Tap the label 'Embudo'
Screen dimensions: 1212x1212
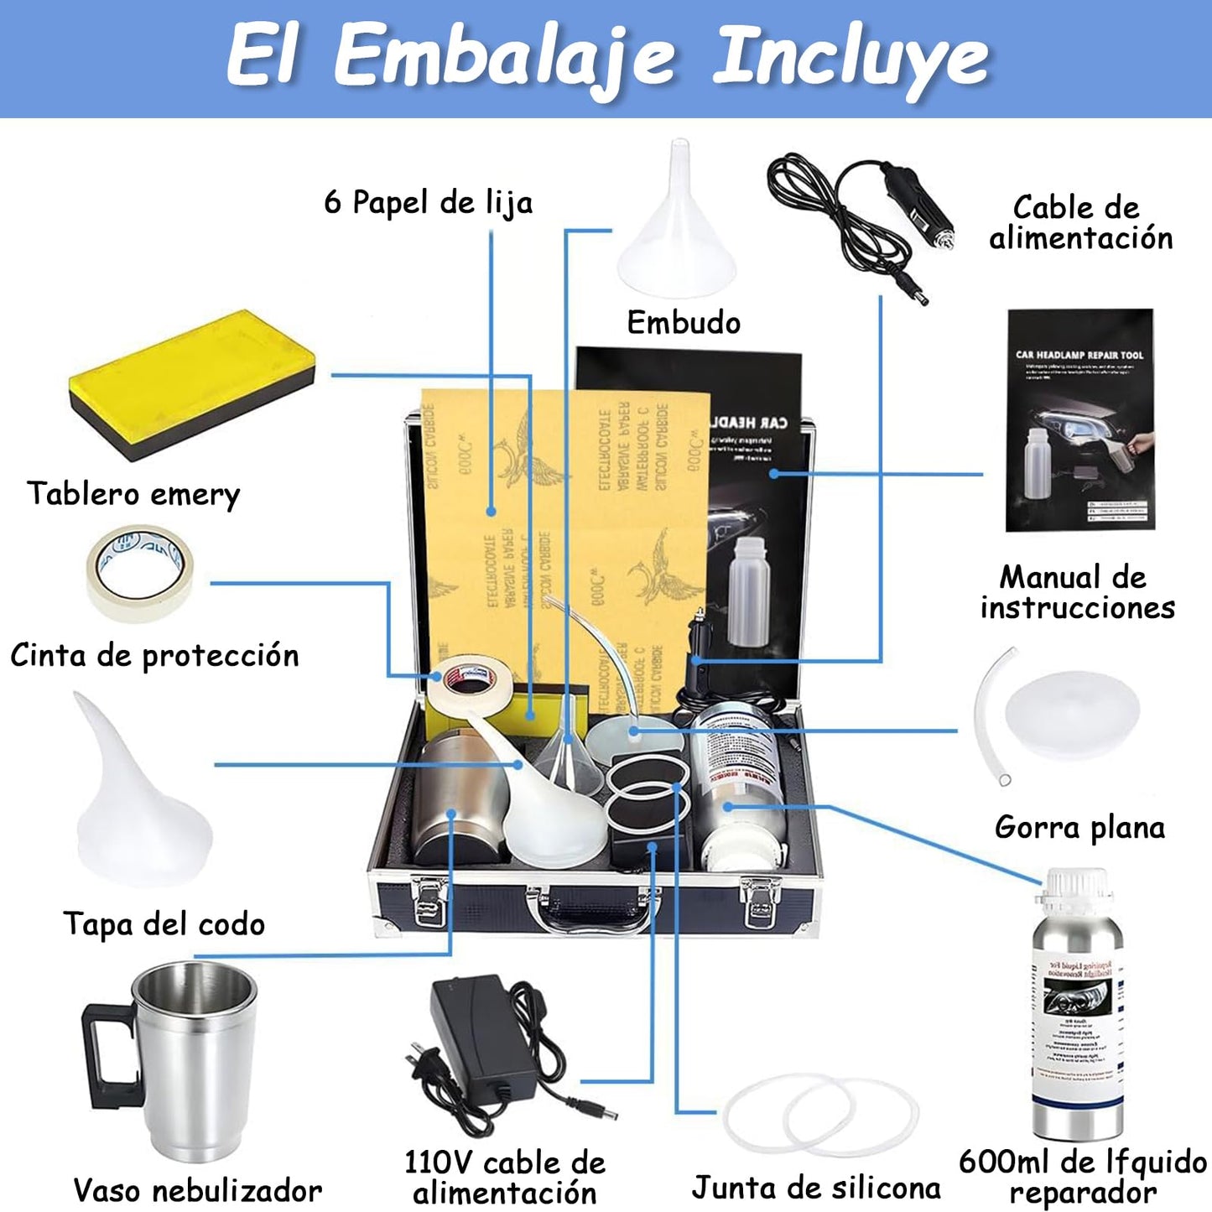[x=684, y=323]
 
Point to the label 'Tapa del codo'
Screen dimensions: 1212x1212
[x=164, y=924]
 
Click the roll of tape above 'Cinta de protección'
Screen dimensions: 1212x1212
[x=140, y=572]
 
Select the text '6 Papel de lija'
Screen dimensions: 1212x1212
[x=428, y=203]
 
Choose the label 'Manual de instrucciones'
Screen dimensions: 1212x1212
[x=1077, y=592]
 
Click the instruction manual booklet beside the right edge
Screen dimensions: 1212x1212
[x=1080, y=419]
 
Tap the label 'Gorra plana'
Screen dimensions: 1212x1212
[x=1079, y=828]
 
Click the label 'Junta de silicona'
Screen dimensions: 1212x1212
[x=815, y=1188]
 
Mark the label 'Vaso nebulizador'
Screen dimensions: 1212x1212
[x=197, y=1190]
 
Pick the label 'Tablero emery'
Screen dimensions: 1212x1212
[x=133, y=493]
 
